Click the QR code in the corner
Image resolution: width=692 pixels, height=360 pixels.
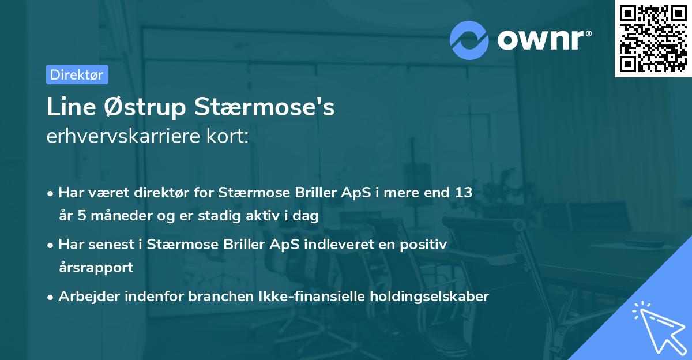(x=653, y=38)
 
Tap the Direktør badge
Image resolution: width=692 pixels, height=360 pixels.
(x=77, y=74)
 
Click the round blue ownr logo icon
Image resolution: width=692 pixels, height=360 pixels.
(x=469, y=40)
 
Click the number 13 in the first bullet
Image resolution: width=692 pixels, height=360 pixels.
(x=464, y=193)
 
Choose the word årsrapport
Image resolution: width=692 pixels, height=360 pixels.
(x=96, y=268)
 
